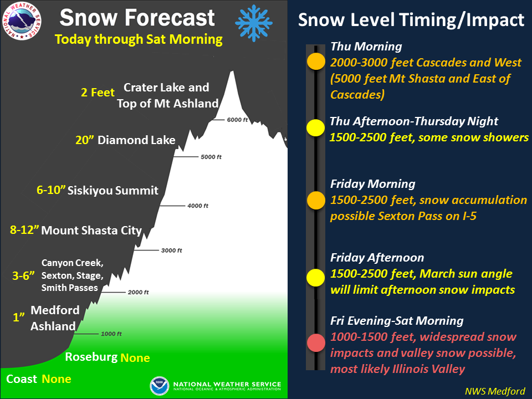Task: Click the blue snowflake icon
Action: [254, 23]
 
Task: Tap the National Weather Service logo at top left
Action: [22, 21]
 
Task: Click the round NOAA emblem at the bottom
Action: [160, 386]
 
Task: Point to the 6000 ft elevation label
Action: [238, 120]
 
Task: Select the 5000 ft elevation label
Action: [211, 157]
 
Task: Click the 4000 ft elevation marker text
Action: [198, 206]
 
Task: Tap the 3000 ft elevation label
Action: [171, 250]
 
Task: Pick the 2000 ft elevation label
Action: [138, 292]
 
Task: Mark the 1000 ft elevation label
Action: [111, 334]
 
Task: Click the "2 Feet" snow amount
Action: [98, 93]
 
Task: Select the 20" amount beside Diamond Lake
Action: [84, 140]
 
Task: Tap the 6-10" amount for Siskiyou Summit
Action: [51, 190]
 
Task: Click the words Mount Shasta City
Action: [91, 231]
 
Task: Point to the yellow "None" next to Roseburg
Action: [135, 357]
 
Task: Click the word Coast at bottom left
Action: [22, 378]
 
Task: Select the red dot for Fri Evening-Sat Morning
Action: [316, 343]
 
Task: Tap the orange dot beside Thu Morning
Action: [316, 61]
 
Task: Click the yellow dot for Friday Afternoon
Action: [316, 278]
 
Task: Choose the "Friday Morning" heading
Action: [373, 184]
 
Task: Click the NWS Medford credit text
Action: [495, 391]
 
